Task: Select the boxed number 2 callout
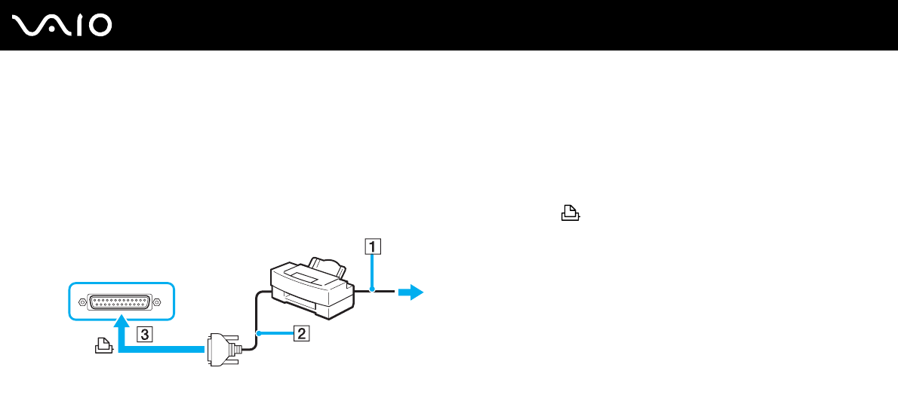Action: pyautogui.click(x=300, y=333)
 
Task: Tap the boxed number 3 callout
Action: pyautogui.click(x=144, y=333)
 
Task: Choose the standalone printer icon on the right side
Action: pyautogui.click(x=570, y=215)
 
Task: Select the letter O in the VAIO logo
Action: pyautogui.click(x=99, y=26)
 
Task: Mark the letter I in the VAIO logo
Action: pyautogui.click(x=77, y=26)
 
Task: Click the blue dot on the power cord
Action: pyautogui.click(x=371, y=290)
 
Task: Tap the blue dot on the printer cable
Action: pyautogui.click(x=258, y=333)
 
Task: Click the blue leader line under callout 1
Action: pyautogui.click(x=371, y=271)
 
